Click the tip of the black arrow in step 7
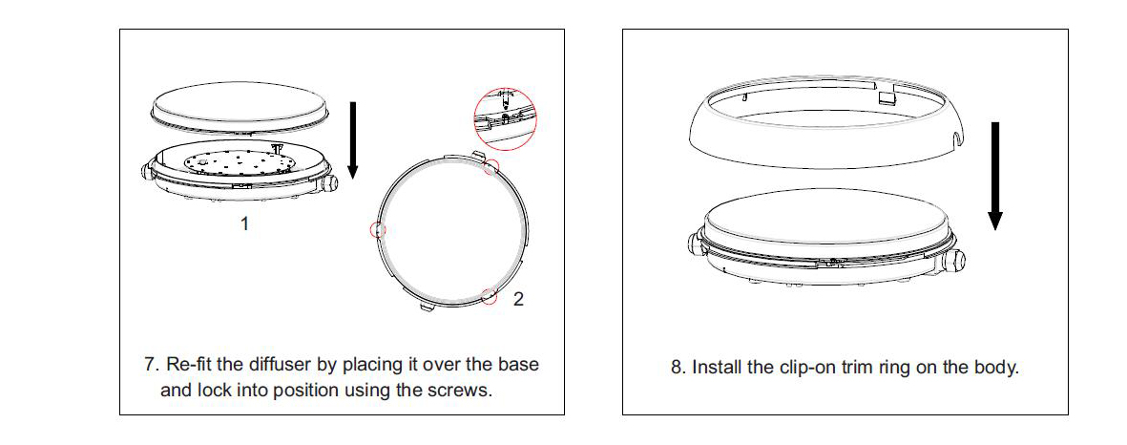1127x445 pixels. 352,179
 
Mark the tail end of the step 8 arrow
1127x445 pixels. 994,122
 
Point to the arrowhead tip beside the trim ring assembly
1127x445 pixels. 994,231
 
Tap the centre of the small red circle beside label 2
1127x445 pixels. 490,295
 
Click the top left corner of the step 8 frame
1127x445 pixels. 622,30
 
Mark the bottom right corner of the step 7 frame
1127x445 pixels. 564,414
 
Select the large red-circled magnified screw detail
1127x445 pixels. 505,119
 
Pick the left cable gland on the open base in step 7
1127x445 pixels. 150,173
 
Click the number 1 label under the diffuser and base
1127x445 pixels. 244,224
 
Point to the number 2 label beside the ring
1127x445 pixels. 518,299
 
